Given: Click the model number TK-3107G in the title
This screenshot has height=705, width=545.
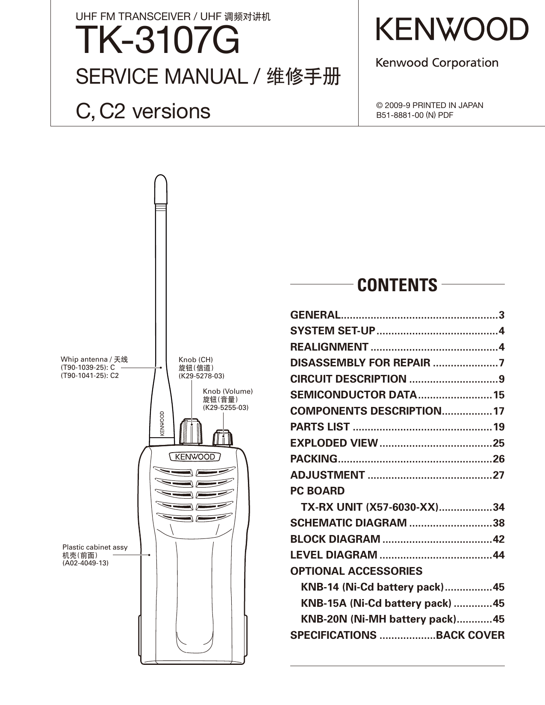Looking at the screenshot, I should click(157, 41).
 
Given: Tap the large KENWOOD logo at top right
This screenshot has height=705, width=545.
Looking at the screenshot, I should click(452, 29).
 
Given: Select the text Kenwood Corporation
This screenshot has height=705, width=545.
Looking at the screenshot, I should click(437, 63).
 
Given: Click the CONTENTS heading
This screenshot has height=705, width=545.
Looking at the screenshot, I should click(397, 285).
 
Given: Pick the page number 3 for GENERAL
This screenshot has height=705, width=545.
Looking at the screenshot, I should click(501, 315).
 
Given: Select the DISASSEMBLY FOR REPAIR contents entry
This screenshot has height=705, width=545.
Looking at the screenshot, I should click(360, 363).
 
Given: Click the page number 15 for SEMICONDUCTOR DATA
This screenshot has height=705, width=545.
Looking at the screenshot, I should click(498, 395).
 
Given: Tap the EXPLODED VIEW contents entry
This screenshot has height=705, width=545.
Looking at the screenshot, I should click(334, 443).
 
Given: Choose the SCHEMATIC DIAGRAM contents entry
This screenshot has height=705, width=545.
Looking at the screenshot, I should click(348, 523).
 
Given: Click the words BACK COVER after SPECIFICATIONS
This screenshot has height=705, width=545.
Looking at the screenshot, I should click(470, 635).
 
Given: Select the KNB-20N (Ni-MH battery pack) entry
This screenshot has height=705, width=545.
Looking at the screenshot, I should click(378, 619).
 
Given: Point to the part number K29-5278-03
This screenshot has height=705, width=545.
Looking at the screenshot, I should click(201, 376).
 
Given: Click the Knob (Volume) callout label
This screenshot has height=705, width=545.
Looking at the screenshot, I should click(228, 392).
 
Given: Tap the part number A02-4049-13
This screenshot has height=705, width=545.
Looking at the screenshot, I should click(85, 563).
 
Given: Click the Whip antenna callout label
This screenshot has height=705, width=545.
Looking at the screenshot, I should click(94, 360).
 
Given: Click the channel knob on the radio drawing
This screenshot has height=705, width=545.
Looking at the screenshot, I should click(191, 432).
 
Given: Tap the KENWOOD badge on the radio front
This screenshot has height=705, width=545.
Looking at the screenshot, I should click(195, 457).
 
